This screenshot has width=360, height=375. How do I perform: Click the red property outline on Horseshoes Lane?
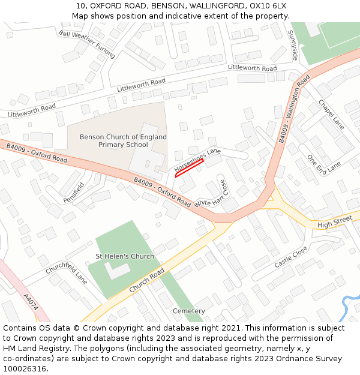pos(189,167)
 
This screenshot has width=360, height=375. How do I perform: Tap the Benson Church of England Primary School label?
pos(114,141)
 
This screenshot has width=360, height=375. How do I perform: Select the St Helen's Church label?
pos(125,256)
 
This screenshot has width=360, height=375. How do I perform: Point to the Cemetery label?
pos(188,311)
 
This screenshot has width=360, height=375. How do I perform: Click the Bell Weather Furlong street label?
pos(86,44)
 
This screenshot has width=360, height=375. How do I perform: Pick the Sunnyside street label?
pos(293,45)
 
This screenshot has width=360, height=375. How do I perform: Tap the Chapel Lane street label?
pos(331,114)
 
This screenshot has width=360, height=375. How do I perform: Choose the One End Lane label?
pos(324,164)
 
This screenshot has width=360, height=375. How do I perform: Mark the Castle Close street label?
pos(291,257)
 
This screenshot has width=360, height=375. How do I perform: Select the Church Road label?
pos(146,280)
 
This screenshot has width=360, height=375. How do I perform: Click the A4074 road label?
pos(31,302)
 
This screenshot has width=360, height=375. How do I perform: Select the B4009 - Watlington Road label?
pos(294,109)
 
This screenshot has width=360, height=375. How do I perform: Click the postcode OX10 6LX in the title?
pos(268,5)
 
